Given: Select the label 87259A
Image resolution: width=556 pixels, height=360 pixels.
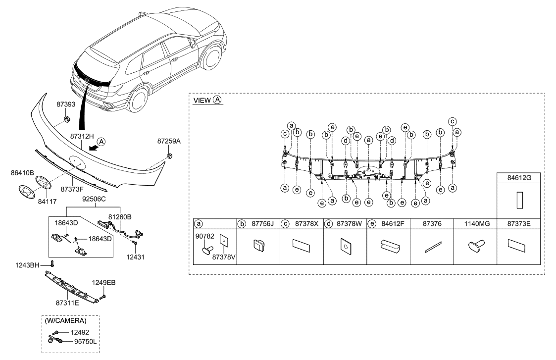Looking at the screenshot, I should coord(169,141).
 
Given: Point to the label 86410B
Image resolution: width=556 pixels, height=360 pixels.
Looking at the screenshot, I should coord(22,174).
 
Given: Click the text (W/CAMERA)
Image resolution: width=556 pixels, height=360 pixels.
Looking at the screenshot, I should coord(66,320).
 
